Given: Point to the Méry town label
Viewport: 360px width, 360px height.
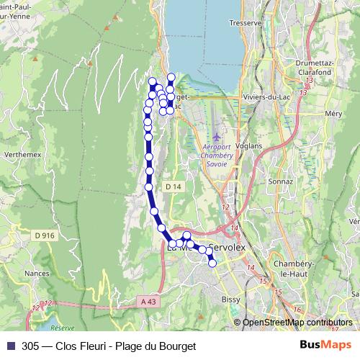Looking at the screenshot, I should (333, 114).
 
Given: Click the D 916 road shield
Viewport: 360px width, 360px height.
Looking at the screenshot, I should (44, 235).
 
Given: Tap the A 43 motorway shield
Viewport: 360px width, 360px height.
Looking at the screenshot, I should (148, 301).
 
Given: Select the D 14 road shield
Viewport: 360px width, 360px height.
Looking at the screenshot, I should (171, 186).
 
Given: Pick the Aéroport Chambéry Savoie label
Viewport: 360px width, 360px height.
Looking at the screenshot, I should (213, 155).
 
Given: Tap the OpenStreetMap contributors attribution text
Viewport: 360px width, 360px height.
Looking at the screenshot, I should (297, 323).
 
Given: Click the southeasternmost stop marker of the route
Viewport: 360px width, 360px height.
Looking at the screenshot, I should (212, 263).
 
